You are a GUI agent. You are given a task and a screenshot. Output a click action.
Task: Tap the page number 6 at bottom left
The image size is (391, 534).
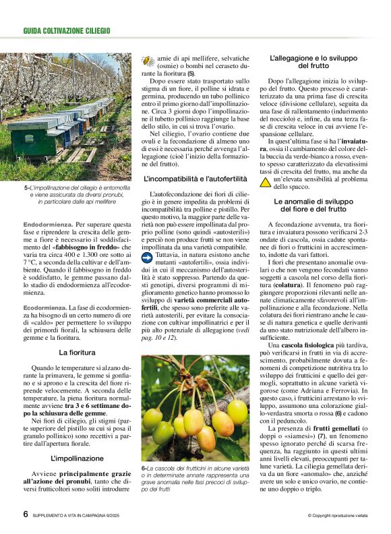pos(26,514)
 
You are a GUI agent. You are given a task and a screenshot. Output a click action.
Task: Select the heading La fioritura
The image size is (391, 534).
pos(76,352)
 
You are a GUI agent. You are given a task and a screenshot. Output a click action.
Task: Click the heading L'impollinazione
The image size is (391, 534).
pos(76,458)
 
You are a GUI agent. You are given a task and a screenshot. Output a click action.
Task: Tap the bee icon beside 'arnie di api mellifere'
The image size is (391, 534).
pos(148,61)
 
